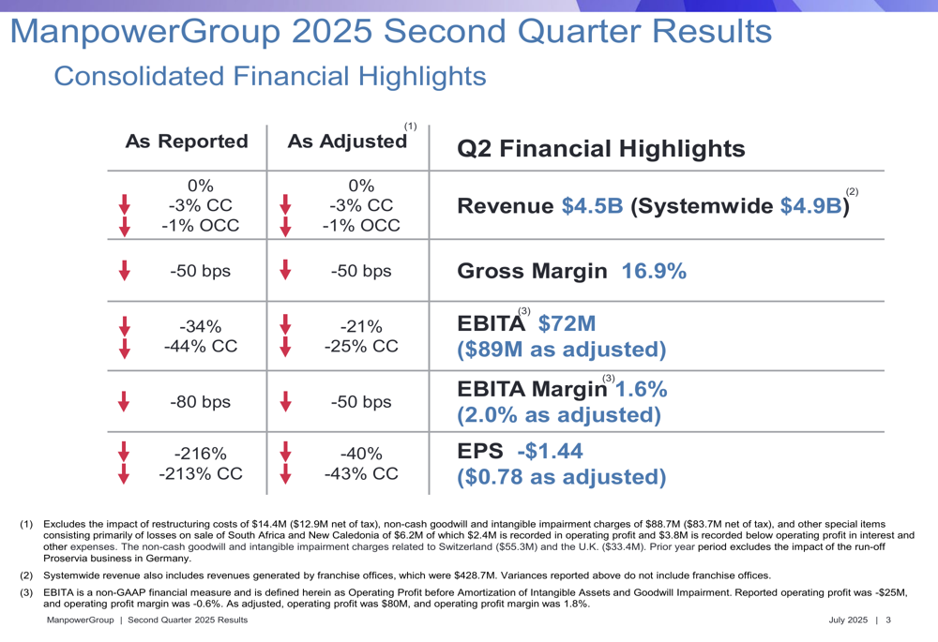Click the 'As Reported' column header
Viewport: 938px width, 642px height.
pos(187,142)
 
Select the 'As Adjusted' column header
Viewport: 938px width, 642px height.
pos(347,142)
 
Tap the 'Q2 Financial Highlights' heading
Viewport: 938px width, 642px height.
pos(600,148)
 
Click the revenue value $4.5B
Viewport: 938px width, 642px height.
pos(592,206)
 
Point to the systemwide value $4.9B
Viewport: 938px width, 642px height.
pos(810,206)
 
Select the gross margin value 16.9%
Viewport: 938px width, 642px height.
pos(654,272)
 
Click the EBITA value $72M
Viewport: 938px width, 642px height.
pos(567,324)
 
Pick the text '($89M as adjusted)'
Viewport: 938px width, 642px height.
pos(561,350)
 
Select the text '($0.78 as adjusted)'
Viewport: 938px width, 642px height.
pos(561,477)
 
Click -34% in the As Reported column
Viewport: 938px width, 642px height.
pos(200,326)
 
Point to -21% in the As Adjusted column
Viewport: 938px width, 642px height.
pos(361,326)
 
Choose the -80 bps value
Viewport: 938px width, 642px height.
pos(200,402)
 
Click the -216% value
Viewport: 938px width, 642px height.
pos(200,454)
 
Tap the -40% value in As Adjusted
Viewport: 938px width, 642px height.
pos(361,454)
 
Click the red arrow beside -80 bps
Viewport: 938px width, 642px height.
pos(124,402)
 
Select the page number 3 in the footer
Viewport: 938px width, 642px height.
pos(887,621)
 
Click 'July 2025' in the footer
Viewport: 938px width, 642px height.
pos(848,621)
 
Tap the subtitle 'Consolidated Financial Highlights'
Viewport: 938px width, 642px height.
pos(270,76)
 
